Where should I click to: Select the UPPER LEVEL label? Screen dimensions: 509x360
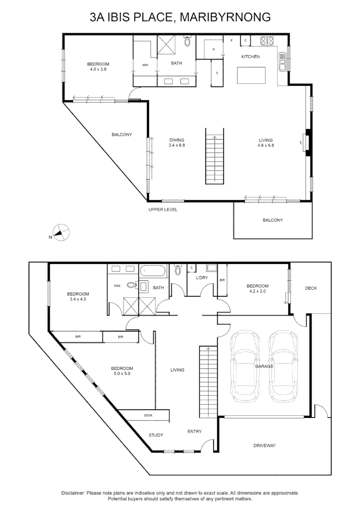coord(163,210)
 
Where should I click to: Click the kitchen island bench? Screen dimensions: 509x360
coord(251,75)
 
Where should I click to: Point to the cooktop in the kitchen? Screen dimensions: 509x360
coord(268,41)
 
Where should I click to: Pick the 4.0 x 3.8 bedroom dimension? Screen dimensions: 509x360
coord(98,69)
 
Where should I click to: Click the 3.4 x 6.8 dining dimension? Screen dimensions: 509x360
coord(177,145)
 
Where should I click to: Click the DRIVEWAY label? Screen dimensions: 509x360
coord(264,445)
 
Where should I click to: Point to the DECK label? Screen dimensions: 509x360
coord(311,288)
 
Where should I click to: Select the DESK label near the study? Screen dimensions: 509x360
coord(148,416)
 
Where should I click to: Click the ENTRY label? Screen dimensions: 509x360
coord(194,431)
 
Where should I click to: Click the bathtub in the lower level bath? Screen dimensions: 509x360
coord(152,271)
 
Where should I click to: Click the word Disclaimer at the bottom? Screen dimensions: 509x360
coord(73,493)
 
